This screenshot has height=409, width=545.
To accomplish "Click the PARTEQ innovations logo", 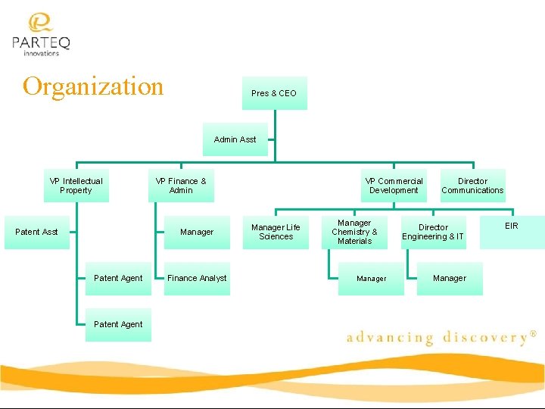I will [41, 35].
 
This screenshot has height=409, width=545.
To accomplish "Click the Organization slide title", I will [93, 86].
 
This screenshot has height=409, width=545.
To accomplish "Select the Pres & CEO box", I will [274, 93].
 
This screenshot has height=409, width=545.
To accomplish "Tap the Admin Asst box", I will [235, 139].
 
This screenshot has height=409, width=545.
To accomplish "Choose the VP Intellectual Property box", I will [76, 186].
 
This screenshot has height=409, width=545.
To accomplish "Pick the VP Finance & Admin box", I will [181, 186].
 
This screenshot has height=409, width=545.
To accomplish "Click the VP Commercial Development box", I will [394, 186].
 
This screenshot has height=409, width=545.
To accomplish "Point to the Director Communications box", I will [472, 186].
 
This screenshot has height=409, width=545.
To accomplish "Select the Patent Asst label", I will [36, 232].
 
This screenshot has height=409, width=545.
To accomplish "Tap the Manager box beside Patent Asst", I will [197, 232].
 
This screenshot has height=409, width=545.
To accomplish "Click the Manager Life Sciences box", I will [276, 232].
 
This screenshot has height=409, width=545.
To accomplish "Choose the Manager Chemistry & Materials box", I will [354, 232].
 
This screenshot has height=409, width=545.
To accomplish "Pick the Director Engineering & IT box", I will [433, 232].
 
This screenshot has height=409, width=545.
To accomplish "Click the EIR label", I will [512, 226].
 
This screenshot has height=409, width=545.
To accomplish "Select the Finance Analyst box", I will [197, 278].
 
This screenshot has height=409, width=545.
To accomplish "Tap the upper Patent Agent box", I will [118, 278].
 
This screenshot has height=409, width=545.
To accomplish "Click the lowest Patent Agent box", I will [118, 324].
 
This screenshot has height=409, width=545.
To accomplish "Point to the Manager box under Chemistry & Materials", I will [371, 279].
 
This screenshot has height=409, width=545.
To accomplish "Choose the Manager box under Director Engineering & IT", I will [450, 278].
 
